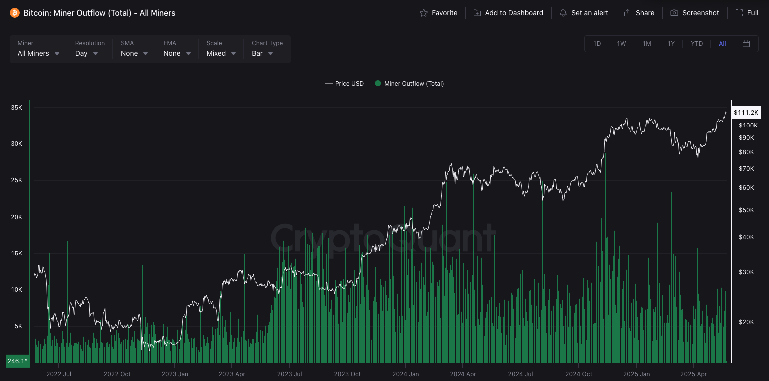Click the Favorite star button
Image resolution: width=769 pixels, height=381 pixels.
pos(439,13)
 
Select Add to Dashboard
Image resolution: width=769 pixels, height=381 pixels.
pos(508,13)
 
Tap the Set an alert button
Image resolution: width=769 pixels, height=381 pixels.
pos(584,13)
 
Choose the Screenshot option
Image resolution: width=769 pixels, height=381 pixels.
pos(695,13)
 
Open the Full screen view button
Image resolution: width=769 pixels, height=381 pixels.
pos(747,13)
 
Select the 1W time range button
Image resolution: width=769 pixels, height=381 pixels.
pos(621,44)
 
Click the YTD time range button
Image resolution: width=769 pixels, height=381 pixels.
pos(697,44)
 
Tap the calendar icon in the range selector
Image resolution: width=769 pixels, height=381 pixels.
pos(746,44)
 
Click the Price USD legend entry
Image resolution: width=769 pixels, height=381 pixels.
pos(344,84)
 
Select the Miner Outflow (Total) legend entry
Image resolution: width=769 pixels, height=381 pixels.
pos(409,84)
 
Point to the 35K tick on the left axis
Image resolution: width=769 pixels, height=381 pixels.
pos(16,108)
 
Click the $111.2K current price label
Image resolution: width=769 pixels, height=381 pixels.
pos(746,113)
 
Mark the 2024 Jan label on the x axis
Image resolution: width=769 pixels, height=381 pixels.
pos(406,374)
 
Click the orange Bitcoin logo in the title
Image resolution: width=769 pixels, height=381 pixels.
pos(15,13)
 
